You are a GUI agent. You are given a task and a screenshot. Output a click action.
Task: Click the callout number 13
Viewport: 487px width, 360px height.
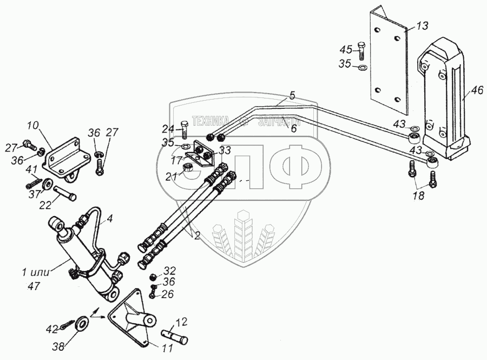(422, 26)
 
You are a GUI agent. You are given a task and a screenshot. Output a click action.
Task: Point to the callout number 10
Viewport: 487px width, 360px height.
(33, 126)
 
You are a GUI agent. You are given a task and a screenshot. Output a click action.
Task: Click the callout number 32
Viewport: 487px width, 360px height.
(169, 270)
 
